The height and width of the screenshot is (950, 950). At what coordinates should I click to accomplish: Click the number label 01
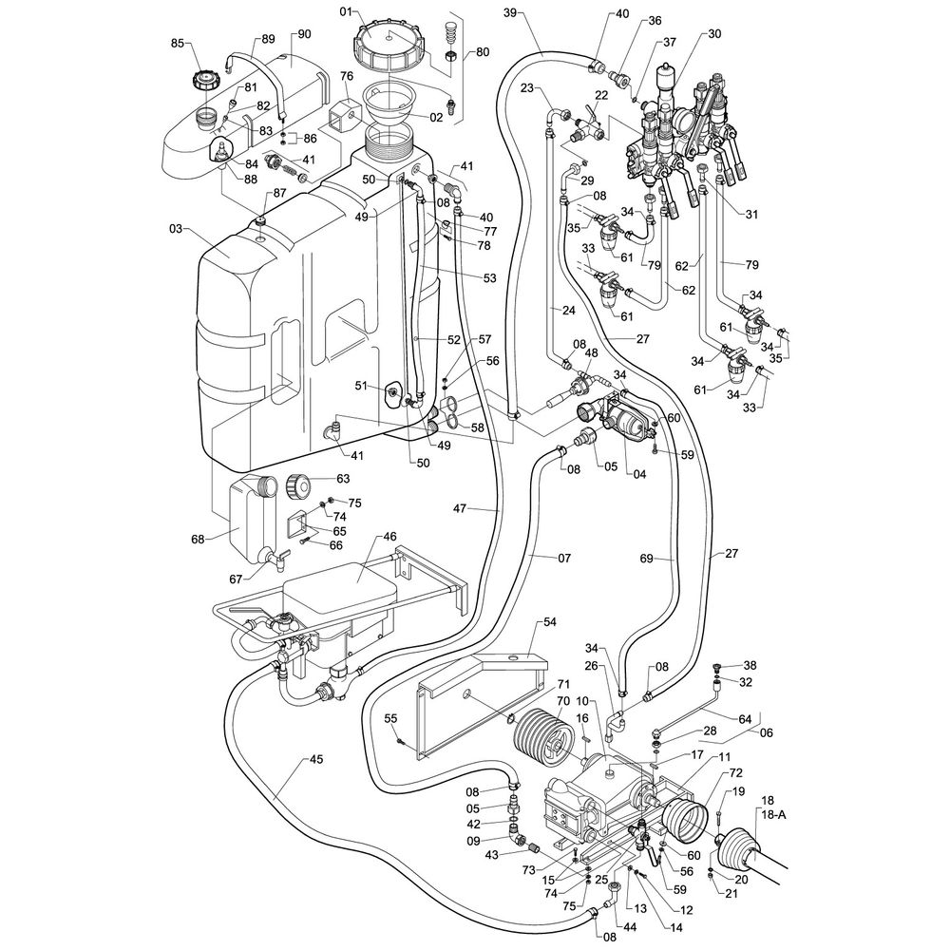coord(346,11)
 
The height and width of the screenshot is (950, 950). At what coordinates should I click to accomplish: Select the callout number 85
coord(178,44)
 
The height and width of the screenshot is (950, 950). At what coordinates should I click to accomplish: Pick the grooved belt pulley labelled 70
coord(542,735)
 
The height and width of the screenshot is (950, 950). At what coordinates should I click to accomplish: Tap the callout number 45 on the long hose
coord(316,760)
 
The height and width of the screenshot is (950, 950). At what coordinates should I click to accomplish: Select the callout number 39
coord(510,12)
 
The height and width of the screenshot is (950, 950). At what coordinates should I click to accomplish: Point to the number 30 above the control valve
coord(714,34)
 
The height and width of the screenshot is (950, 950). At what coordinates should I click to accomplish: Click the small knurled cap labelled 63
coord(297,485)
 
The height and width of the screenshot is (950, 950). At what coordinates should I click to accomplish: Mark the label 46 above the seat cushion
coord(389,537)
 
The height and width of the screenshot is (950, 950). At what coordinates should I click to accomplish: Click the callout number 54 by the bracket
coord(549,622)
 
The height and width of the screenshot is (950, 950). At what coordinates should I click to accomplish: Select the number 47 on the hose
coord(460,508)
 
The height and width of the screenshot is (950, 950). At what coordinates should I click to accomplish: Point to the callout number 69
coord(646,558)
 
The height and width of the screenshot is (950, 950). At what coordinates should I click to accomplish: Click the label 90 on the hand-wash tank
coord(304,34)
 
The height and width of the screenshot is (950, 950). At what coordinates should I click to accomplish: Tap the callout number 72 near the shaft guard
coord(735,773)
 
